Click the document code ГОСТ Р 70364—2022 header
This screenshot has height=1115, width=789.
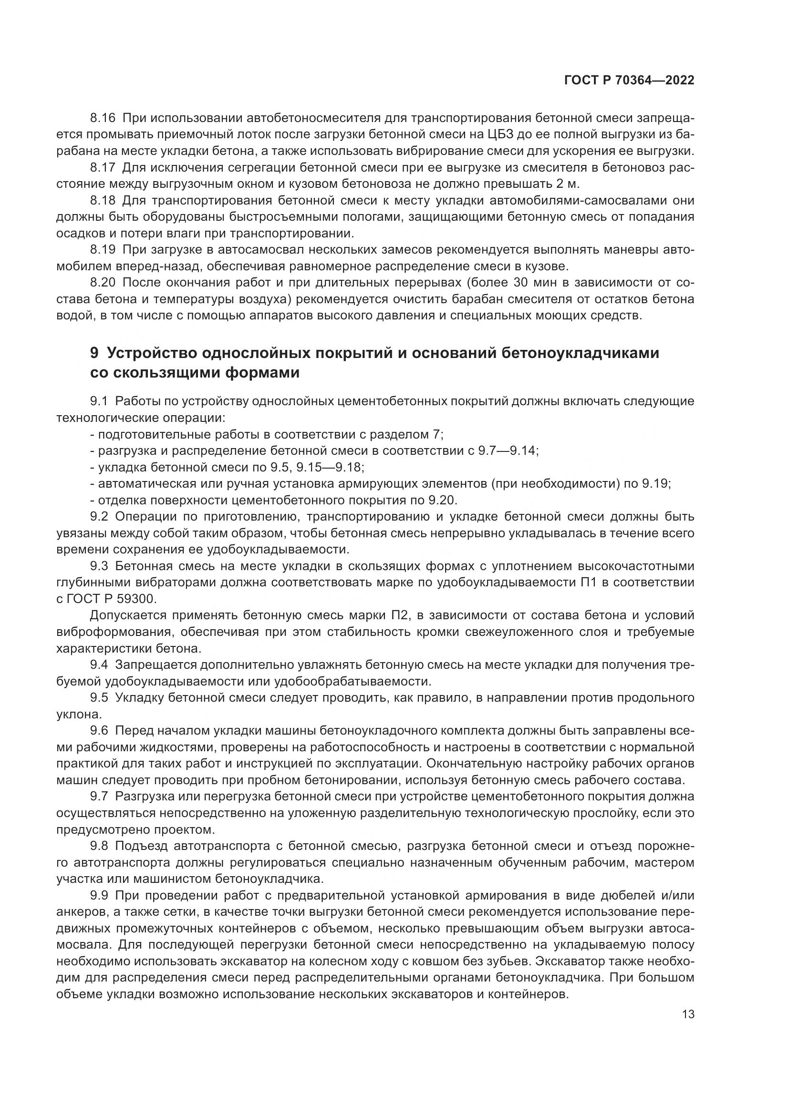coord(629,81)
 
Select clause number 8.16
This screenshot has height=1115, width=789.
coord(103,118)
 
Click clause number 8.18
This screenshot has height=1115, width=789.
coord(103,201)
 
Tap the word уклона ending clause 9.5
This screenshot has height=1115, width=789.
coord(78,715)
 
